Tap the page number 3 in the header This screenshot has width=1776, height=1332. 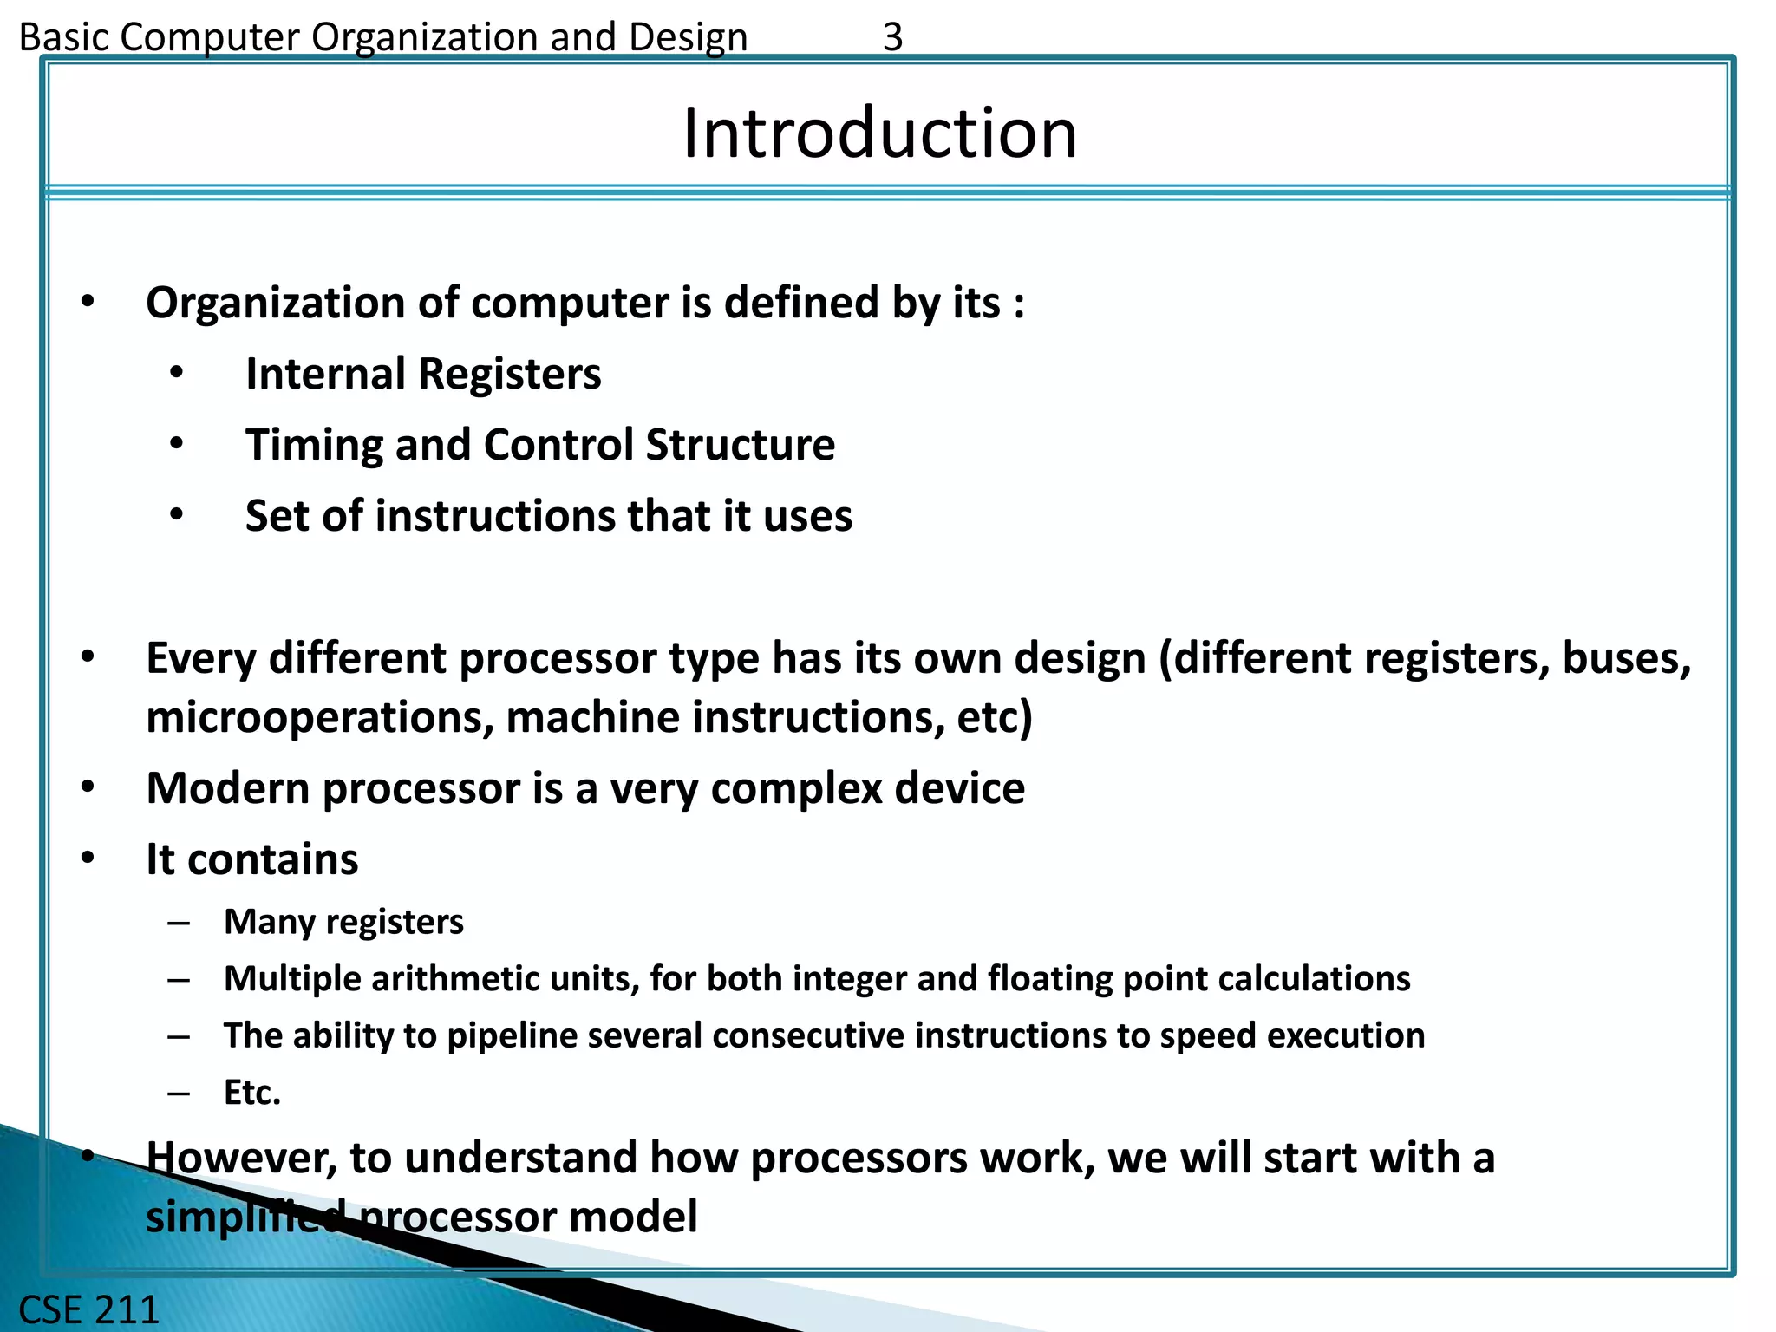[x=892, y=37]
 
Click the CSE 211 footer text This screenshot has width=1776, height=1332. [x=89, y=1309]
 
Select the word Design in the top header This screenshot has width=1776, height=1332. [x=688, y=37]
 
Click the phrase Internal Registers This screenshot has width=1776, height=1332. [x=423, y=374]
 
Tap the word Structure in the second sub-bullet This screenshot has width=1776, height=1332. [x=740, y=445]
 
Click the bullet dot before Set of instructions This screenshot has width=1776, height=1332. [x=177, y=515]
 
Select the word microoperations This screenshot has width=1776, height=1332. [x=319, y=718]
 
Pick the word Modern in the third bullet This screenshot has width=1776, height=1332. [x=228, y=789]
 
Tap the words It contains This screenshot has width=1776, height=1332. [x=251, y=860]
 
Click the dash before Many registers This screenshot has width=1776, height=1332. [x=180, y=923]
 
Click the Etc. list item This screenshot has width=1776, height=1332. [x=252, y=1093]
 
